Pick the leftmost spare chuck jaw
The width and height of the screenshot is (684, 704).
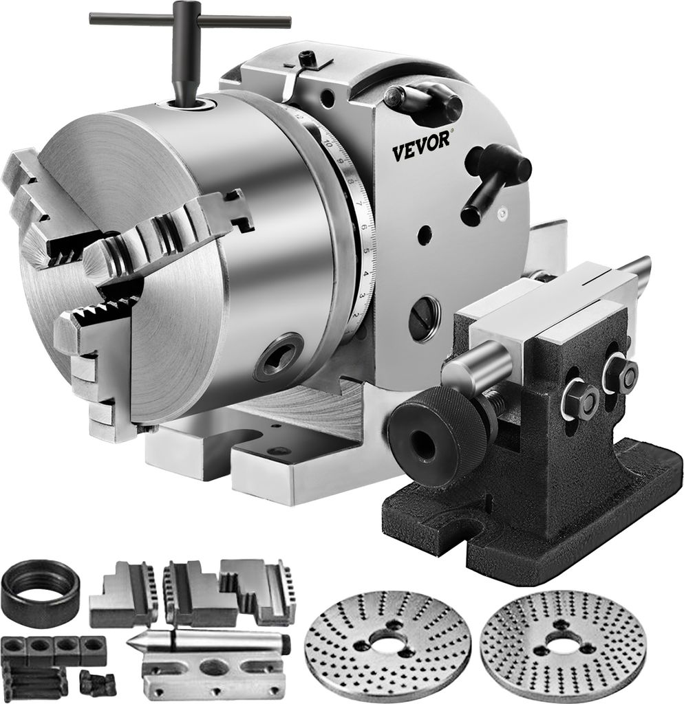[123, 593]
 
